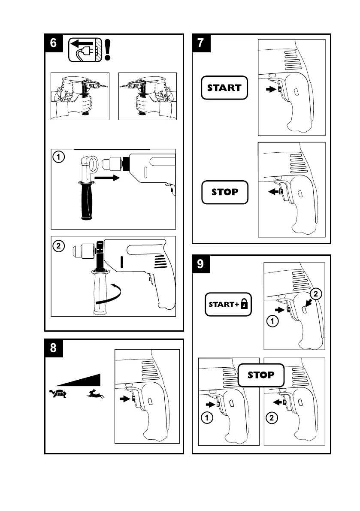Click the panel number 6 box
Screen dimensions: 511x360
point(53,43)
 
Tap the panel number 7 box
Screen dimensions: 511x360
point(200,43)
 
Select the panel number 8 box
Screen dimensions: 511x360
point(53,348)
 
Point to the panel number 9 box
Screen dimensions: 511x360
point(200,264)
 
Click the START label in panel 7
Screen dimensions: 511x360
point(224,88)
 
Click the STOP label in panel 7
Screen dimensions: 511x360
point(224,192)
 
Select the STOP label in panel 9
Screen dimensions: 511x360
point(261,375)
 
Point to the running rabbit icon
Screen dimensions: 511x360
point(96,394)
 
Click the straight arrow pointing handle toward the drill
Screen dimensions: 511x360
point(106,177)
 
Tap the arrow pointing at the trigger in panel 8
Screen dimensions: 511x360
point(125,399)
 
